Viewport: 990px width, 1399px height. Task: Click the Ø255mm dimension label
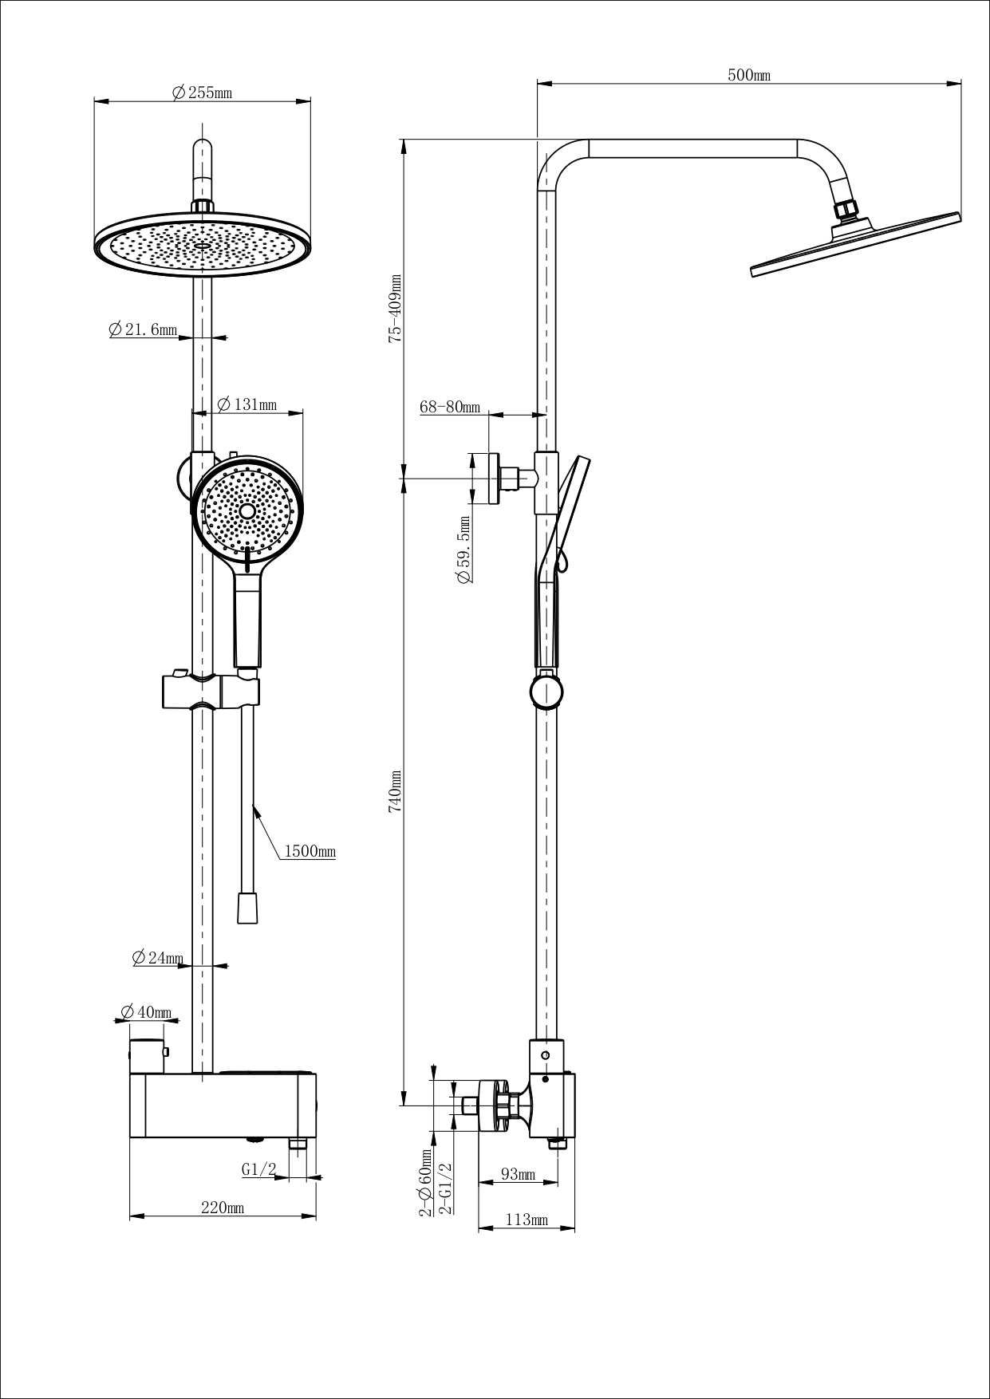[202, 93]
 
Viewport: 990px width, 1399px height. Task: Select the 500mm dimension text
[748, 75]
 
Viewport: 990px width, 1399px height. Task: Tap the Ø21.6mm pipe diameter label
[143, 329]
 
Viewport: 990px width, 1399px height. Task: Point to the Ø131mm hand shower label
[247, 404]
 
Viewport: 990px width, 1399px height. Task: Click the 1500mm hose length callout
[310, 852]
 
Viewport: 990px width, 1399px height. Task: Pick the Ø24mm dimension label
[158, 957]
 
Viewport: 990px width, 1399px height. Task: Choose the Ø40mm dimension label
[146, 1012]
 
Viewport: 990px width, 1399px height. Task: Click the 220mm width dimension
[223, 1208]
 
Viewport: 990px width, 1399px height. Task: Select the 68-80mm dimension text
[450, 407]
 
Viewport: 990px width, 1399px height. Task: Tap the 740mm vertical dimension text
[394, 790]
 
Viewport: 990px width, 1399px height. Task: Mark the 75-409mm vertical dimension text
[394, 309]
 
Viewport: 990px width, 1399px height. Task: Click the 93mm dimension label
[518, 1175]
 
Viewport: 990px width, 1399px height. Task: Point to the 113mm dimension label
[527, 1220]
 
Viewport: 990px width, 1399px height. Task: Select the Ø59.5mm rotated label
[463, 550]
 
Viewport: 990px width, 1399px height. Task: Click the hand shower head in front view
[247, 510]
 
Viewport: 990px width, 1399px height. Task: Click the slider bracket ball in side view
[548, 691]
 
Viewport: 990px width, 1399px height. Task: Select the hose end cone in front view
[249, 907]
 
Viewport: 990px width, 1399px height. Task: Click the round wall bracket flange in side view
[495, 479]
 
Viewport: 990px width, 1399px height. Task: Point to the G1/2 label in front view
[258, 1169]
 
